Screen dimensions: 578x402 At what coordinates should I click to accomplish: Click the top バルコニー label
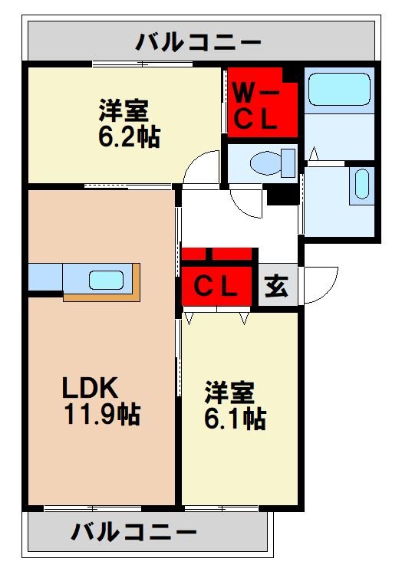pyautogui.click(x=199, y=41)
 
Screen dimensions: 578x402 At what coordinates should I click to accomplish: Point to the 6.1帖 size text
pyautogui.click(x=235, y=419)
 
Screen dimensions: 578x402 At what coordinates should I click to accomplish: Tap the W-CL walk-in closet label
pyautogui.click(x=259, y=107)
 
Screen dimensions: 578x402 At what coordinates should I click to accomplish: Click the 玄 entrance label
pyautogui.click(x=278, y=287)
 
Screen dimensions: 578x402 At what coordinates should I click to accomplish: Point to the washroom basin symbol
pyautogui.click(x=361, y=185)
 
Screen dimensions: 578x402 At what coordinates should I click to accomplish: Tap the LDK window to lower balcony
pyautogui.click(x=92, y=507)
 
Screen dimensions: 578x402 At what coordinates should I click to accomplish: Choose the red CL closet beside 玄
pyautogui.click(x=217, y=287)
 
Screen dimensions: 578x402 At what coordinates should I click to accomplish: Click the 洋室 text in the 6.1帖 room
pyautogui.click(x=229, y=393)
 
